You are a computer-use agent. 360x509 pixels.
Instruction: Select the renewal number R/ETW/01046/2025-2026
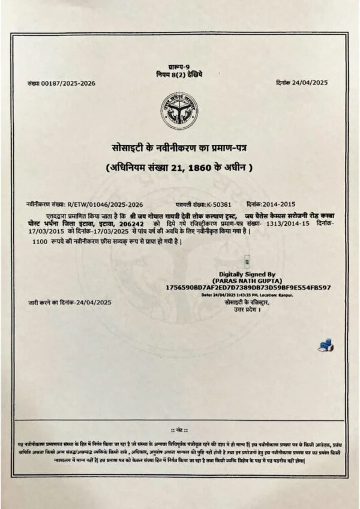105,204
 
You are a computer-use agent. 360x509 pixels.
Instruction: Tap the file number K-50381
221,204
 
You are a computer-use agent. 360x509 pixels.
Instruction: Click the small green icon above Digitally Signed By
247,260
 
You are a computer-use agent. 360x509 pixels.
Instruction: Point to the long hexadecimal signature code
247,288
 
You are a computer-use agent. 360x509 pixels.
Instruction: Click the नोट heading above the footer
180,431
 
